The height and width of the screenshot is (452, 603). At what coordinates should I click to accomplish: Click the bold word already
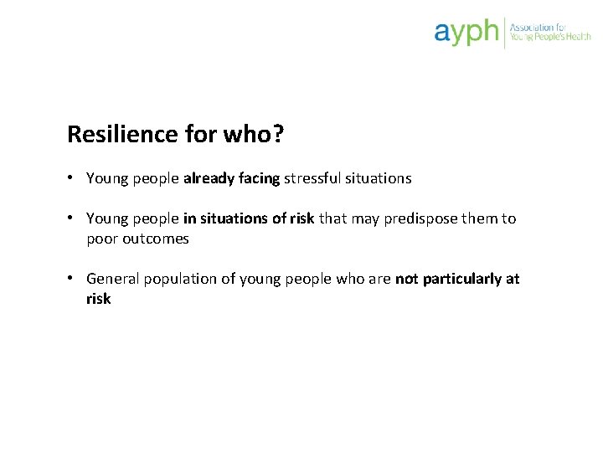click(209, 178)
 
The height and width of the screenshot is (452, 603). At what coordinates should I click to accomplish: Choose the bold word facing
click(260, 178)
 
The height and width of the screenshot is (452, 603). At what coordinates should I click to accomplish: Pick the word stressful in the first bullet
click(312, 178)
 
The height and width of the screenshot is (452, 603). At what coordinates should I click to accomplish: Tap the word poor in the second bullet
click(101, 239)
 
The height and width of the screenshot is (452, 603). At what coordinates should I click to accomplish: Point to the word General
click(113, 279)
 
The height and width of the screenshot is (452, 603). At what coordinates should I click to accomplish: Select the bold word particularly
click(461, 279)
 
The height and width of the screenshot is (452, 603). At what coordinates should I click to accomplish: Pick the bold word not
click(406, 279)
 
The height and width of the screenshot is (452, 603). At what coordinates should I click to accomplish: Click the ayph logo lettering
click(466, 33)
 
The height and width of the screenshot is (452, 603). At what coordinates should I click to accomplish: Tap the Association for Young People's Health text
click(550, 33)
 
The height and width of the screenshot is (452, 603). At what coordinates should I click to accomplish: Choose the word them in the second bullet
click(480, 218)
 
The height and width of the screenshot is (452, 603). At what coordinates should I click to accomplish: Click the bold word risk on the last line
click(98, 299)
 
